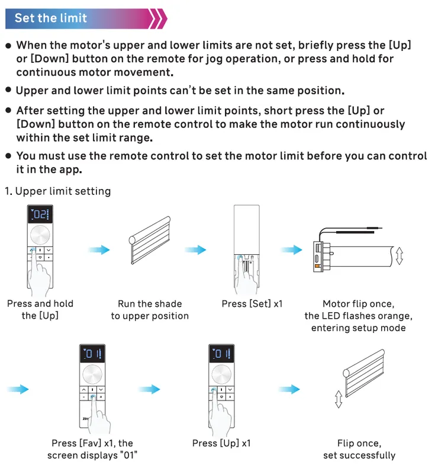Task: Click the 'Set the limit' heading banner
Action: coord(85,18)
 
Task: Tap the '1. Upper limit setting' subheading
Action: coord(58,191)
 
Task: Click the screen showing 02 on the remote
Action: coord(40,214)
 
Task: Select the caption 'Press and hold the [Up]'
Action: coord(40,310)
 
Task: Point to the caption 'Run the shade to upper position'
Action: coord(150,310)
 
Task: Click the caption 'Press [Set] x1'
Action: coord(252,304)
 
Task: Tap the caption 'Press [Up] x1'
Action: coord(221,443)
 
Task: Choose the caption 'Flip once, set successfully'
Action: coord(359,449)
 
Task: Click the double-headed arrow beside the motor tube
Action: coord(400,256)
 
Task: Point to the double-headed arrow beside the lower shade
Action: coord(339,399)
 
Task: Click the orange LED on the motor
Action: coord(317,266)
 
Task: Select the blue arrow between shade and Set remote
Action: coord(195,249)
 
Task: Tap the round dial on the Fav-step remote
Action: coord(92,374)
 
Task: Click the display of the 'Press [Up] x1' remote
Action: coord(221,354)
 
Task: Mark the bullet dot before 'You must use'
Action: coord(8,156)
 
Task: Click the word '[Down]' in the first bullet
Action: coord(50,59)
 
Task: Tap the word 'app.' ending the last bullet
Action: coord(70,169)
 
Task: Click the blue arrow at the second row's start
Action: coord(18,389)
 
